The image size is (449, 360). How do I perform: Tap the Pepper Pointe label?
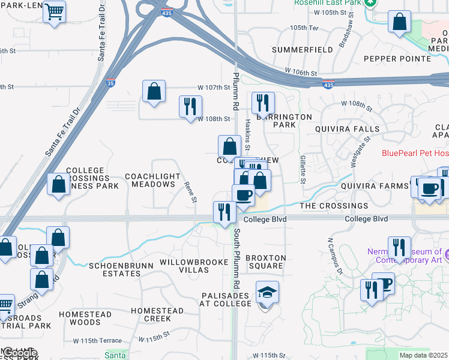pos(397,59)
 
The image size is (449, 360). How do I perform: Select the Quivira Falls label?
pos(348,129)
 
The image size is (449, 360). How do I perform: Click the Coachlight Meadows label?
pos(149,180)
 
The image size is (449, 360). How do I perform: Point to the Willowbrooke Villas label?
pos(184,266)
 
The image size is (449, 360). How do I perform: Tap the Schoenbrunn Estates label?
pos(114,269)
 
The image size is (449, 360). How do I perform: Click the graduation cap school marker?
pos(267,293)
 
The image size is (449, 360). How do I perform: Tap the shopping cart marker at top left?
pos(55,12)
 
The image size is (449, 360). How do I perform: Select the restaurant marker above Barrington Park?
pos(263,103)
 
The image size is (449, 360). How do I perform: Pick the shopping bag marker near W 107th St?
pos(154,92)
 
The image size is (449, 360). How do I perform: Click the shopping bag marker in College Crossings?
pos(59,185)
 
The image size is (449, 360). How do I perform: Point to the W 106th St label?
pos(301,72)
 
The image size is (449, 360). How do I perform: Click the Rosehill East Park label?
pos(329,3)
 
